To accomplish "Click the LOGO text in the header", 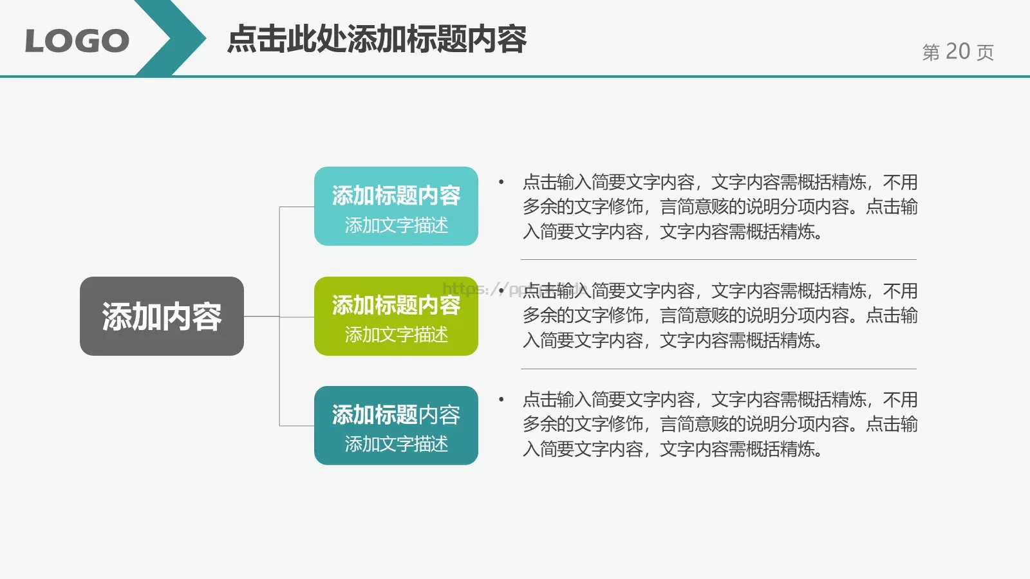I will pos(77,41).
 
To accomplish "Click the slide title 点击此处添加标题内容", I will pos(377,39).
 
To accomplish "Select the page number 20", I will pos(957,51).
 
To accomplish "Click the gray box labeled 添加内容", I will pos(162,316).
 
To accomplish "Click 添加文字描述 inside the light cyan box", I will pos(396,225).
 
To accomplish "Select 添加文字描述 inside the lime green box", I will pos(396,335).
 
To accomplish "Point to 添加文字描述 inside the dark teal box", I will pos(396,444).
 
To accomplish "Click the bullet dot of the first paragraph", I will pos(501,182).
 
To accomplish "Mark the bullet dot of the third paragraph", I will pos(501,400).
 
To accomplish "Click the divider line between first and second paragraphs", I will pos(718,260).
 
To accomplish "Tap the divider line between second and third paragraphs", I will pos(718,369).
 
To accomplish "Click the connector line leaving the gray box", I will pos(261,317).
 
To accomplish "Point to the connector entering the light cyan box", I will pos(297,207).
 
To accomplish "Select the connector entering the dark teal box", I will pos(297,426).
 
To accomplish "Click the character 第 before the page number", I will pos(931,52).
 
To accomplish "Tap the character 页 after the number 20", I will pos(985,52).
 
